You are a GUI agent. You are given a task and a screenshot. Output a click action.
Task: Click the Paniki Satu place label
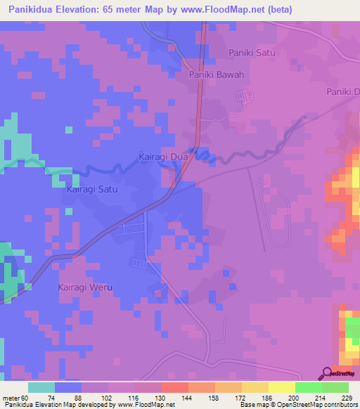click(x=251, y=53)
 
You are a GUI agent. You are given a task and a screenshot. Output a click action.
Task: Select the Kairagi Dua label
click(x=164, y=157)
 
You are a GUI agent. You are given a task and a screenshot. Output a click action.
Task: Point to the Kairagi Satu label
click(x=91, y=190)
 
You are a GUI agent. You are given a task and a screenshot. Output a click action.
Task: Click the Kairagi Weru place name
click(x=84, y=288)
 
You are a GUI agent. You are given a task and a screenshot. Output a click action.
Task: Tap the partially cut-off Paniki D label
click(x=343, y=92)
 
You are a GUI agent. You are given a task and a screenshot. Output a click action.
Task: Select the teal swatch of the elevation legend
click(x=41, y=387)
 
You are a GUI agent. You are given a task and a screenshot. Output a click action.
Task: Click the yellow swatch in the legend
click(x=282, y=387)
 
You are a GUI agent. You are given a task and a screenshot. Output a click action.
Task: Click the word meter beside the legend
click(x=13, y=397)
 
